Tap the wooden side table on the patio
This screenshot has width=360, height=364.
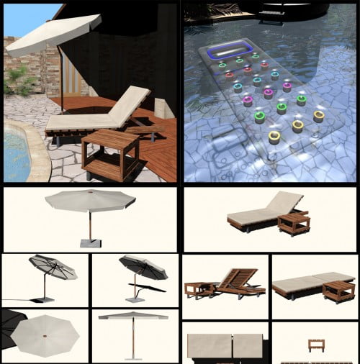click(x=110, y=152)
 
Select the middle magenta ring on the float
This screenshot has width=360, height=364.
click(x=268, y=93)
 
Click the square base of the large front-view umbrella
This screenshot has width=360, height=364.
click(x=89, y=242)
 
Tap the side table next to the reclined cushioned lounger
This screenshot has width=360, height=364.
click(x=293, y=224)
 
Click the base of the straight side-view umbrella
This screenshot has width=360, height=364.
click(x=132, y=357)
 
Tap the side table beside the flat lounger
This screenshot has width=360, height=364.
click(x=338, y=291)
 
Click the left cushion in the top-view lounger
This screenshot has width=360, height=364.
click(x=209, y=346)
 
